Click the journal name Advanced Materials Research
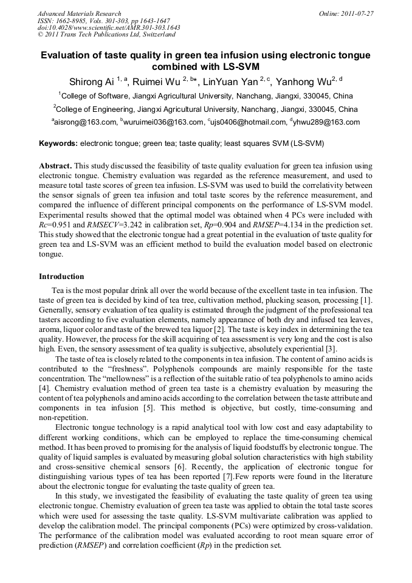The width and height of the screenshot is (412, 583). pos(79,13)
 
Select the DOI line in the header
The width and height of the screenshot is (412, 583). pos(108,28)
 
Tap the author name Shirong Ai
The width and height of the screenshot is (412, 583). pos(92,81)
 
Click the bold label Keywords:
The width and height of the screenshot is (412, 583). pos(58,143)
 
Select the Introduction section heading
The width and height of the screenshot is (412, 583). pos(61,277)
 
